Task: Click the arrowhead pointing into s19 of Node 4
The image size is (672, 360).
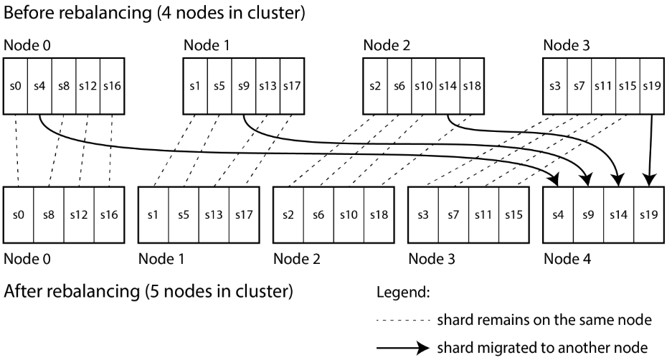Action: (650, 180)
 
